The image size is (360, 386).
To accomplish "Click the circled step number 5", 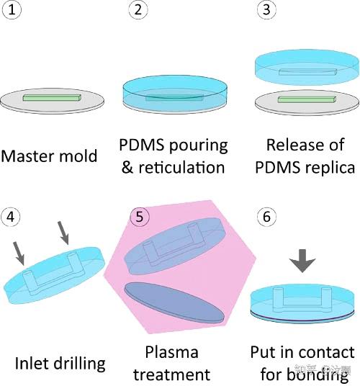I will pyautogui.click(x=140, y=215).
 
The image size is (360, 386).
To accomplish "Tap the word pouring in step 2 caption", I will pyautogui.click(x=197, y=145).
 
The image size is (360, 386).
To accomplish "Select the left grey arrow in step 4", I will pyautogui.click(x=19, y=253).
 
